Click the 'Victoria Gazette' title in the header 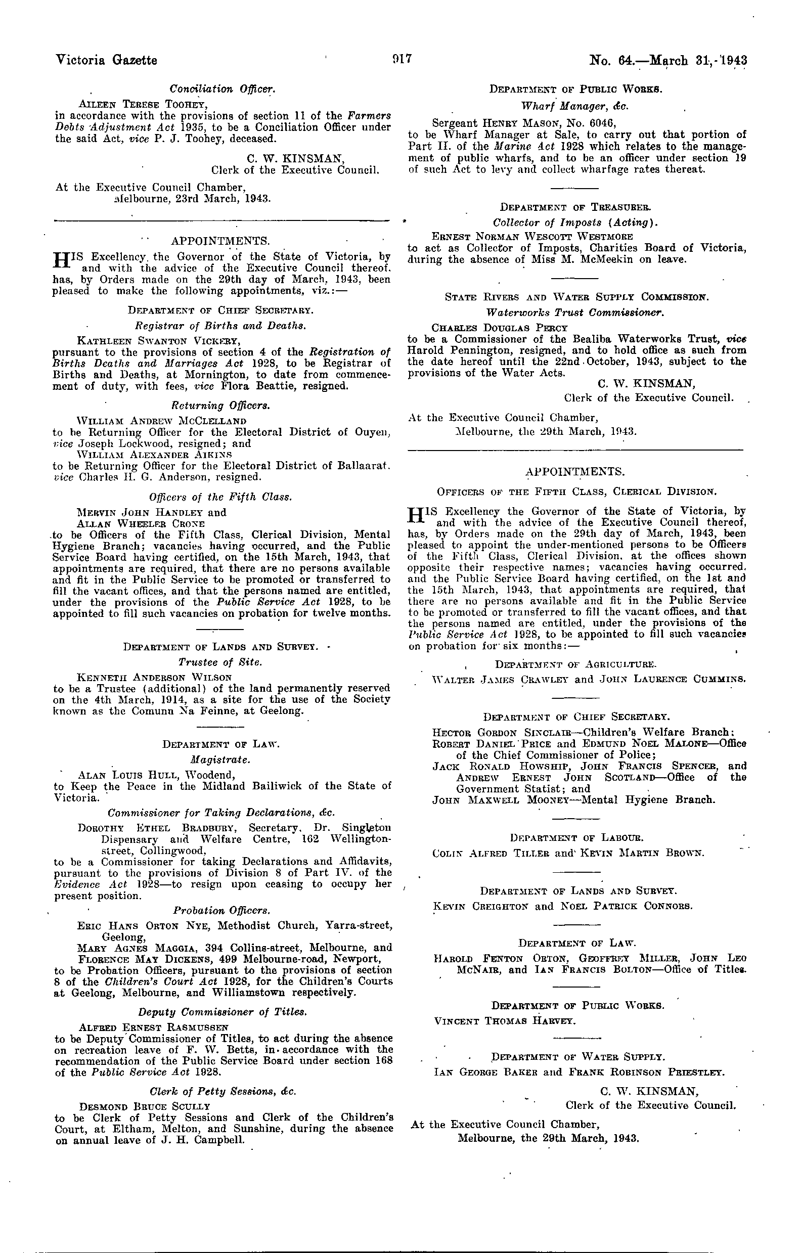[x=106, y=60]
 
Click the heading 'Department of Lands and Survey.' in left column [x=220, y=647]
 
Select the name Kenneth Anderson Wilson [x=154, y=678]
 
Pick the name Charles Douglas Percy [x=500, y=328]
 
